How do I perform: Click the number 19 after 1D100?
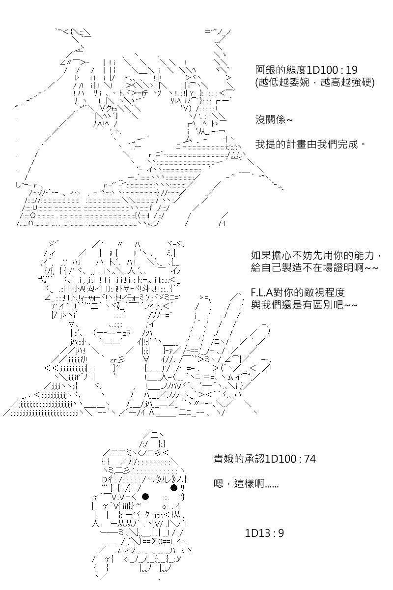point(351,70)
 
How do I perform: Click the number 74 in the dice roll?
point(309,459)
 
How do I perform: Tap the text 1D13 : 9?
point(264,533)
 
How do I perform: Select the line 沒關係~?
point(274,120)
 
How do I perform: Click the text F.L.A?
point(262,293)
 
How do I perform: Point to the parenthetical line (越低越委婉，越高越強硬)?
point(315,83)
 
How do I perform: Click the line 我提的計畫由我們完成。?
point(310,145)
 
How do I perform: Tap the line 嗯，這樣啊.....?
point(246,484)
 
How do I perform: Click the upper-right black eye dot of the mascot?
point(174,488)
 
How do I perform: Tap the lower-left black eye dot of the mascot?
point(145,497)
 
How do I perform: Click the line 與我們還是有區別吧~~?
point(304,305)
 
